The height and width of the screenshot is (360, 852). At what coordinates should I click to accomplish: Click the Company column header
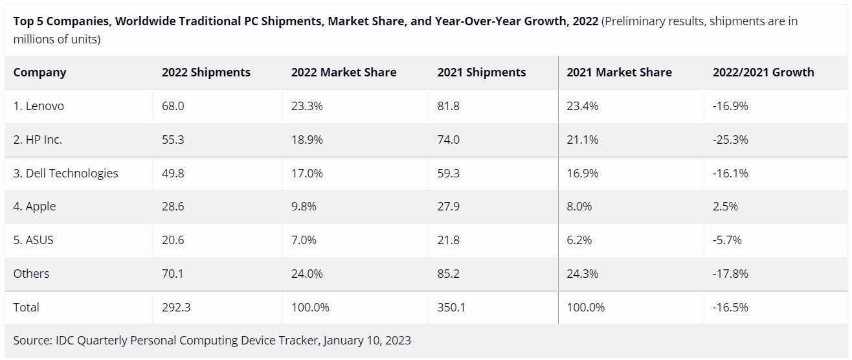[39, 73]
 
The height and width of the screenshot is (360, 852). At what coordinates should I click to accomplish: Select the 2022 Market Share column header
[343, 73]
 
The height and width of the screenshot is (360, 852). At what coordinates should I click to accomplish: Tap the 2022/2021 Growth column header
[763, 73]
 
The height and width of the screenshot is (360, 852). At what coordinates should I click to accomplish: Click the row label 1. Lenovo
[38, 106]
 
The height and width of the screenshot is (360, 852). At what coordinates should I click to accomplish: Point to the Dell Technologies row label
[65, 173]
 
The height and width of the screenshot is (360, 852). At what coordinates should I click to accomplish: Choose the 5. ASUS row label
[33, 240]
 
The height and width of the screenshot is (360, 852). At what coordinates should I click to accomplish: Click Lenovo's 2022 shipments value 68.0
[173, 106]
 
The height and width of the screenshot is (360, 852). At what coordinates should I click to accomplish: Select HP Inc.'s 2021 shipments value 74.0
[449, 140]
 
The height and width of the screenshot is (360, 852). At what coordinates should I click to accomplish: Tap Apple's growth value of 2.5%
[725, 207]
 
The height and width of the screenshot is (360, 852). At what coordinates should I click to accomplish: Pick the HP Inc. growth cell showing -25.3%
[730, 140]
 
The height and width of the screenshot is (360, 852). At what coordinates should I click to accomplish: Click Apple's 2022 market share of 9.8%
[304, 207]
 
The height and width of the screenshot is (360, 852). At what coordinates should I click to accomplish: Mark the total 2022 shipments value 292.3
[176, 308]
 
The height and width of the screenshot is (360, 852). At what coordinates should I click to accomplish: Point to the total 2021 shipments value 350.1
[451, 308]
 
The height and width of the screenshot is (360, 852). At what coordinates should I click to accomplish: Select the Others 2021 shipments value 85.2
[449, 274]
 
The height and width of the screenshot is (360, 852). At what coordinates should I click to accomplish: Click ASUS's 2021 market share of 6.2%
[579, 240]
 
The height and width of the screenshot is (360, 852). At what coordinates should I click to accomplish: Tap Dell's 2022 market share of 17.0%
[307, 173]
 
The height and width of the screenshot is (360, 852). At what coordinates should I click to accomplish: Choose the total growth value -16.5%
[730, 308]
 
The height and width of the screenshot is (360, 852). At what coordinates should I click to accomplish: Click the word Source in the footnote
[31, 341]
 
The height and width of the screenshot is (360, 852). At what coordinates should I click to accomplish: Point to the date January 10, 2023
[366, 341]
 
